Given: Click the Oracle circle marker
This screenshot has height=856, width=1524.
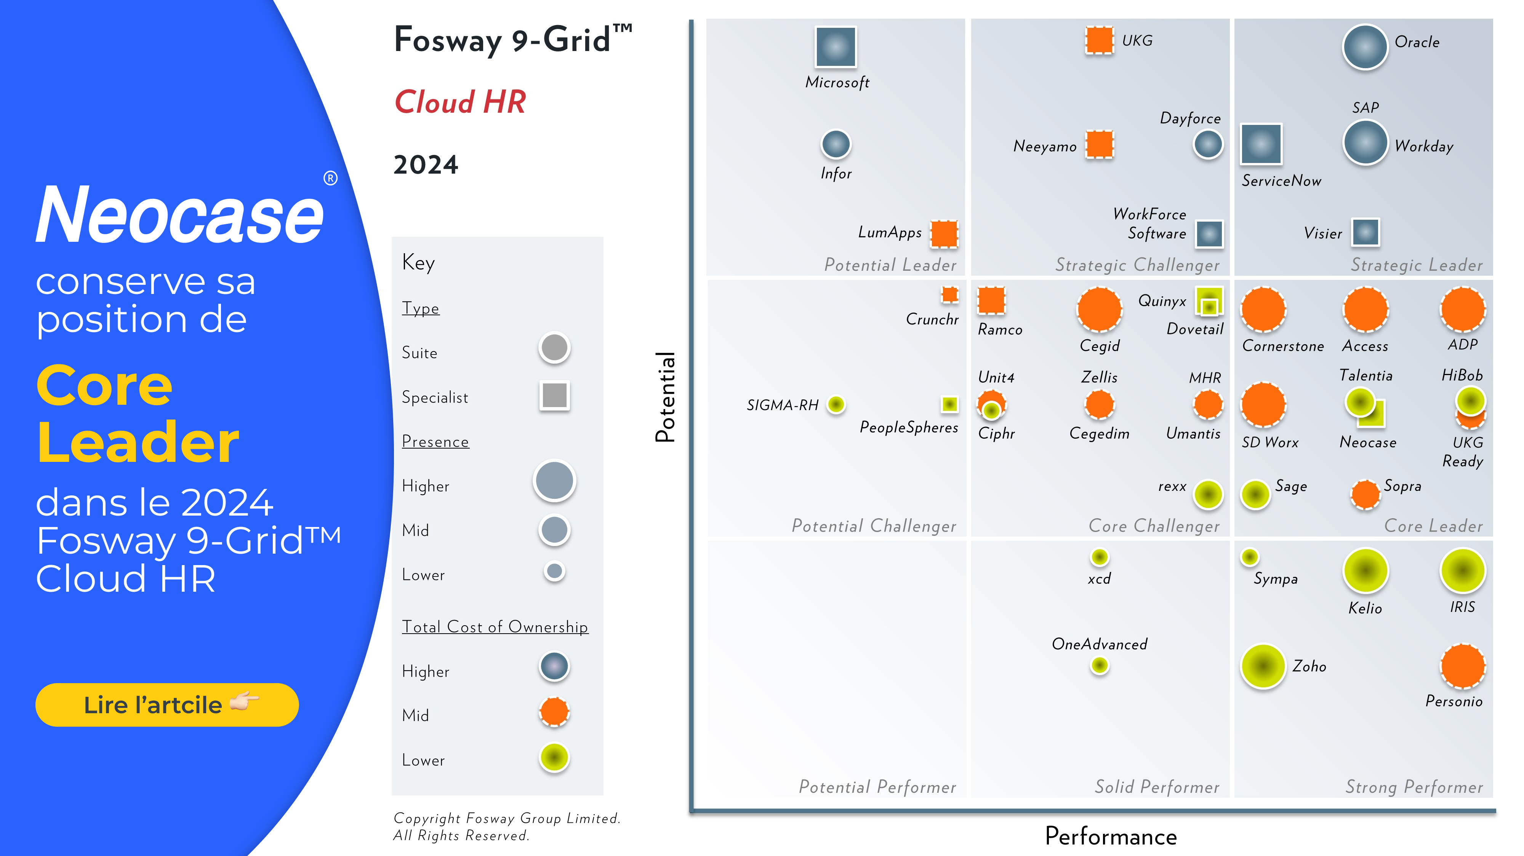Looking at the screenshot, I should pyautogui.click(x=1365, y=47).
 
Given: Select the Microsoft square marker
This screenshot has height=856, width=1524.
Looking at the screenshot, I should pyautogui.click(x=836, y=47).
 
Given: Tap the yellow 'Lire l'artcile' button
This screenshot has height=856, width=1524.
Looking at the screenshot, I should pyautogui.click(x=167, y=705).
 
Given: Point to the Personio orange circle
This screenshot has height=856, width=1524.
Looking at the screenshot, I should pyautogui.click(x=1463, y=666).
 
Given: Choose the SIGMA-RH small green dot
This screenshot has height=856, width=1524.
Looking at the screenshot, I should pyautogui.click(x=836, y=404).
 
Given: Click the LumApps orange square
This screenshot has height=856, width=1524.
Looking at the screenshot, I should pyautogui.click(x=944, y=233).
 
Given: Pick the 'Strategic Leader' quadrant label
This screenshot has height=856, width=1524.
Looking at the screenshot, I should pyautogui.click(x=1416, y=265).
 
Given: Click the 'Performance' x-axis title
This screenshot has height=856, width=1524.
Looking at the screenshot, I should pyautogui.click(x=1111, y=836).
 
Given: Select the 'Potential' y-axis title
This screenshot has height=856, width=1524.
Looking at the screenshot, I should pyautogui.click(x=665, y=397).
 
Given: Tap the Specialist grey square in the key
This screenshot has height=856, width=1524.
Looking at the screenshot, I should pyautogui.click(x=554, y=395).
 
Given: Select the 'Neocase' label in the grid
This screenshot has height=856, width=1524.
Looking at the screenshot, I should pyautogui.click(x=1368, y=442).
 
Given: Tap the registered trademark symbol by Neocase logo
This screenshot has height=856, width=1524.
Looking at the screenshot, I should pyautogui.click(x=330, y=178).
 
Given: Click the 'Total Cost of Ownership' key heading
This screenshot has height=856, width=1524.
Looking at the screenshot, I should pyautogui.click(x=495, y=627).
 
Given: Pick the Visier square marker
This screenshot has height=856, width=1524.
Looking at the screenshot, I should pyautogui.click(x=1366, y=232).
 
